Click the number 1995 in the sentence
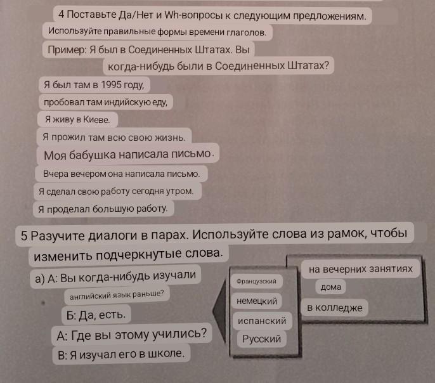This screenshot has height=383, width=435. click(x=110, y=85)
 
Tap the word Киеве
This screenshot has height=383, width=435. click(x=96, y=120)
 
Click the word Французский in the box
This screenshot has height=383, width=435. click(x=256, y=281)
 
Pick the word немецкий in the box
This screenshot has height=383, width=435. click(x=257, y=301)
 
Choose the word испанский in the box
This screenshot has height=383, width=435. click(x=262, y=321)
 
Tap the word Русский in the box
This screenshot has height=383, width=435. click(x=262, y=339)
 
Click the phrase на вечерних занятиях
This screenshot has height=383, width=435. click(x=361, y=269)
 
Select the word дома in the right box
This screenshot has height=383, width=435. click(x=331, y=287)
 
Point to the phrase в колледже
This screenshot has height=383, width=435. click(x=335, y=308)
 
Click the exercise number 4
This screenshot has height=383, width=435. click(x=62, y=14)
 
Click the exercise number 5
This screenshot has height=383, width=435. click(x=24, y=236)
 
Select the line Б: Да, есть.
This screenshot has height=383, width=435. click(x=96, y=315)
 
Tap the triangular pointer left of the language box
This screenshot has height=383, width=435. click(x=219, y=311)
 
